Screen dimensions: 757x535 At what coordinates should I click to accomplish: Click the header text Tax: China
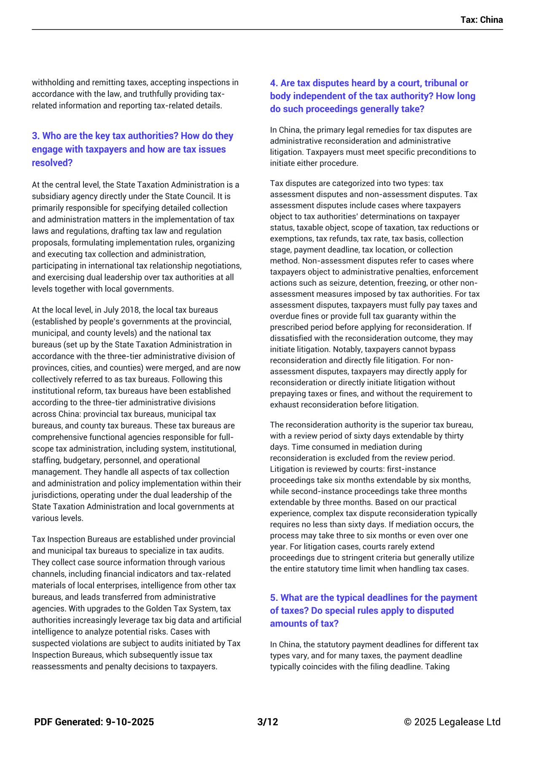481,20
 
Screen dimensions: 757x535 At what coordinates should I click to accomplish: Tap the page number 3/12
268,722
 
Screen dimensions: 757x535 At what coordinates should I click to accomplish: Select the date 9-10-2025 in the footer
129,722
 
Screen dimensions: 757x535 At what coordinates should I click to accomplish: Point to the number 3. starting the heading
36,136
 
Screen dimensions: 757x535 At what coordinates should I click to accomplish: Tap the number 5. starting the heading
274,597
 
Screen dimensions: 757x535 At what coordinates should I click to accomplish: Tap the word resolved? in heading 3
52,163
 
